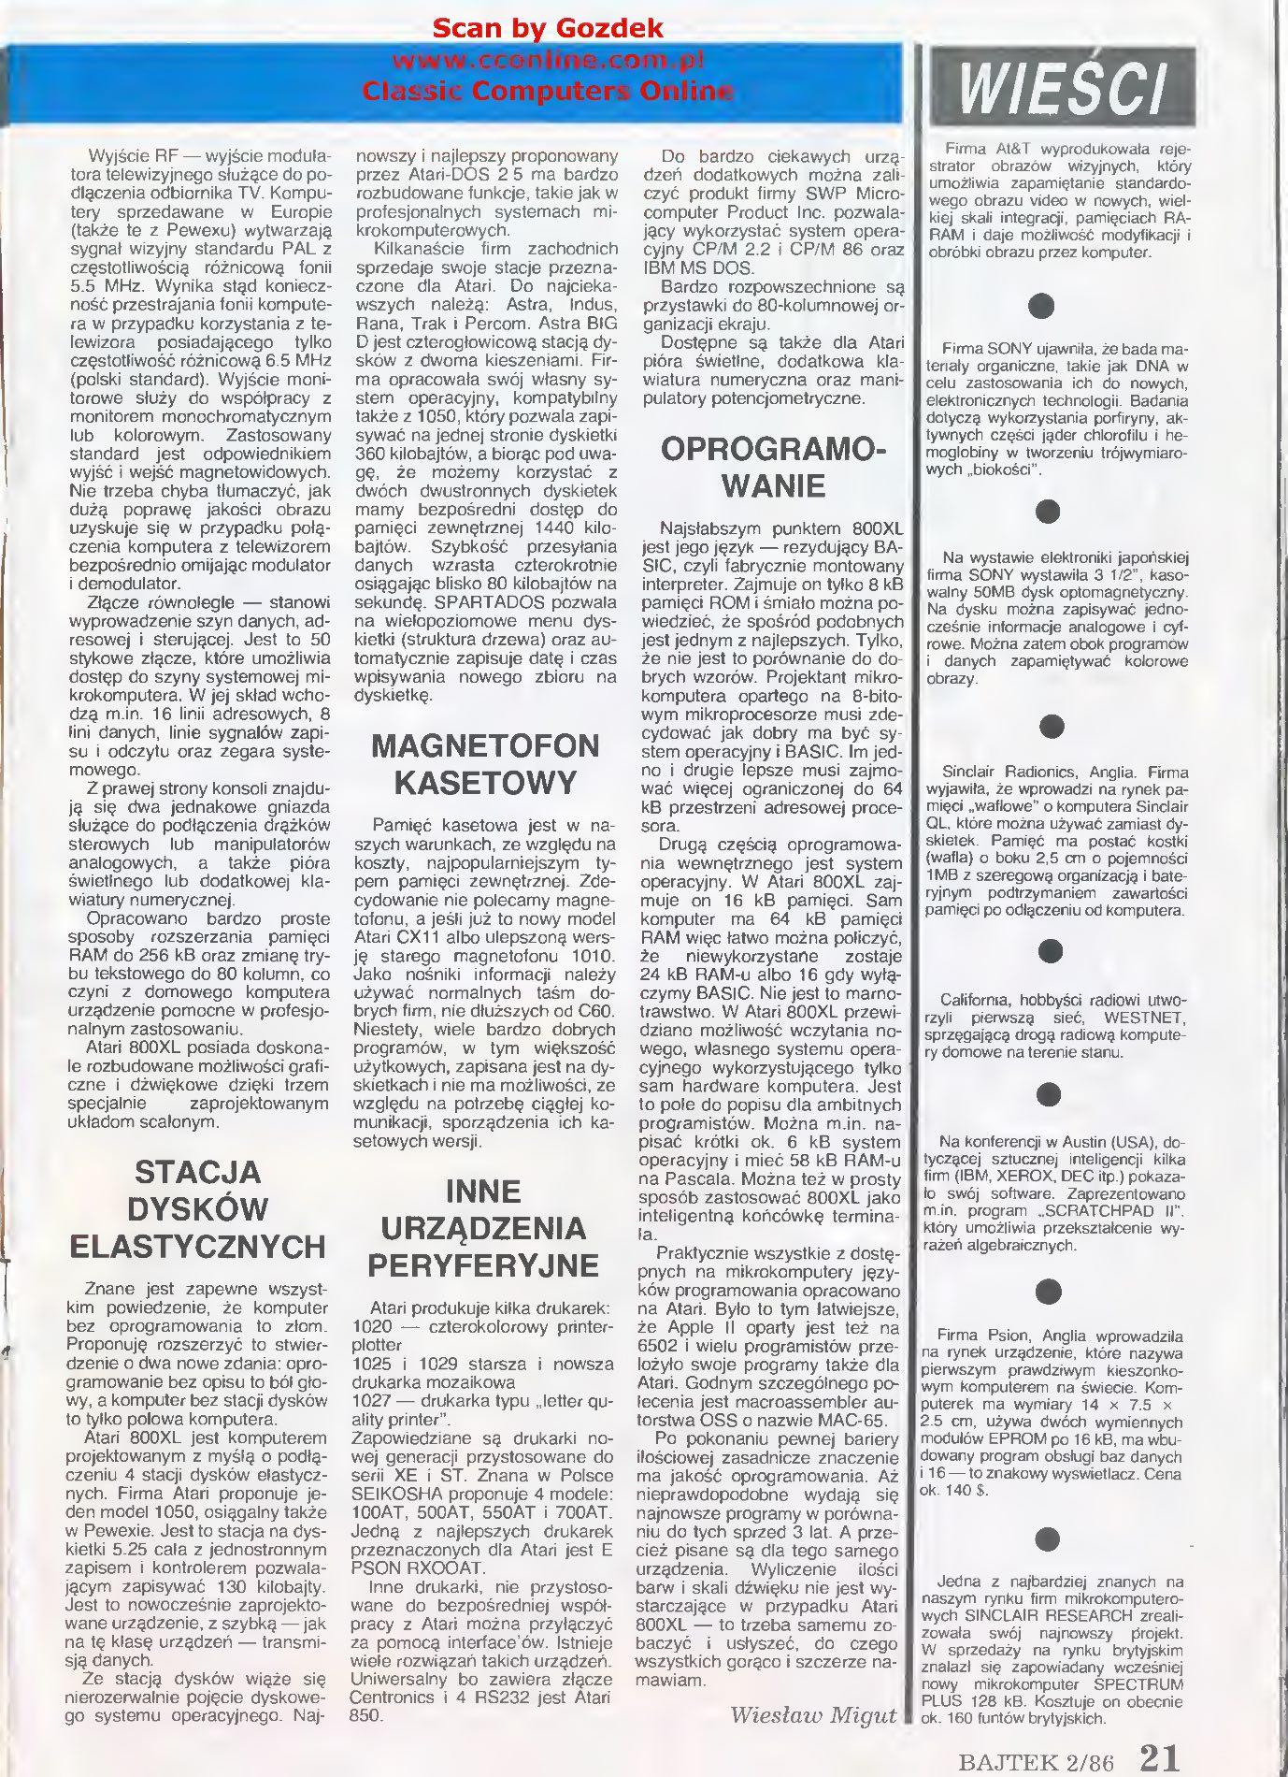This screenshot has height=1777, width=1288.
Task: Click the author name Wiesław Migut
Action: (x=812, y=1714)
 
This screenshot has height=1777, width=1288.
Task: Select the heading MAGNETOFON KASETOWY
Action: (x=484, y=764)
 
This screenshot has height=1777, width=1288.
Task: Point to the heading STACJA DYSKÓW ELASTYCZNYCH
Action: (x=197, y=1208)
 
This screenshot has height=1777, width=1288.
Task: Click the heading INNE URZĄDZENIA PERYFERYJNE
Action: (x=482, y=1228)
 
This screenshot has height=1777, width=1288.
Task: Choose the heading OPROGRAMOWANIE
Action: (x=773, y=468)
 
